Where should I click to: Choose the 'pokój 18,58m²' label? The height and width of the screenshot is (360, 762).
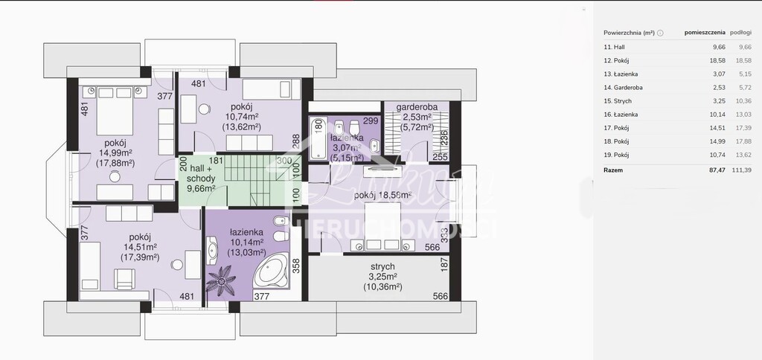click(383, 195)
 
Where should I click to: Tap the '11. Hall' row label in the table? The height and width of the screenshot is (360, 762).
click(614, 47)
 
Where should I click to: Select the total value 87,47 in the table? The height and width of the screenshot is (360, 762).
click(697, 170)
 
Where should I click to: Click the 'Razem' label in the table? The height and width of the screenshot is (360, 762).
click(613, 170)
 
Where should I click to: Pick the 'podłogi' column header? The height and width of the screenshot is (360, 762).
click(740, 33)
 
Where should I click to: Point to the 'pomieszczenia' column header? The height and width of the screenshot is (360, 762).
click(704, 33)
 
